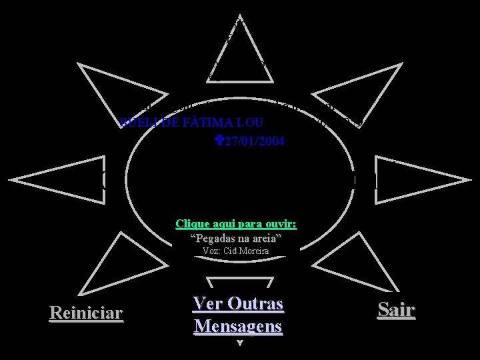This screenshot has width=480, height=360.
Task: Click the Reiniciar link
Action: click(x=86, y=313)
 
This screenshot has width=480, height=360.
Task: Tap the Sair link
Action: click(x=396, y=309)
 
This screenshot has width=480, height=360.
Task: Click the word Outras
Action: click(x=257, y=304)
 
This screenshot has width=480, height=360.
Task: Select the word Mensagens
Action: click(x=239, y=327)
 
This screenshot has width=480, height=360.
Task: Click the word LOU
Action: click(x=251, y=123)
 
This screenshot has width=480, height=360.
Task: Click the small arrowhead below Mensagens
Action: click(x=239, y=344)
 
